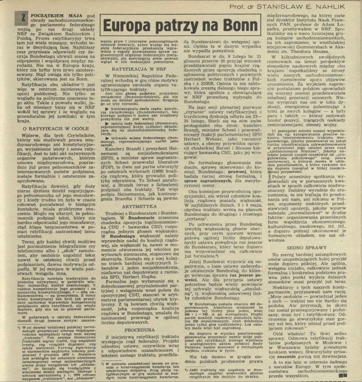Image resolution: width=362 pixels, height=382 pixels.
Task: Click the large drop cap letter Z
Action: coord(12,19)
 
